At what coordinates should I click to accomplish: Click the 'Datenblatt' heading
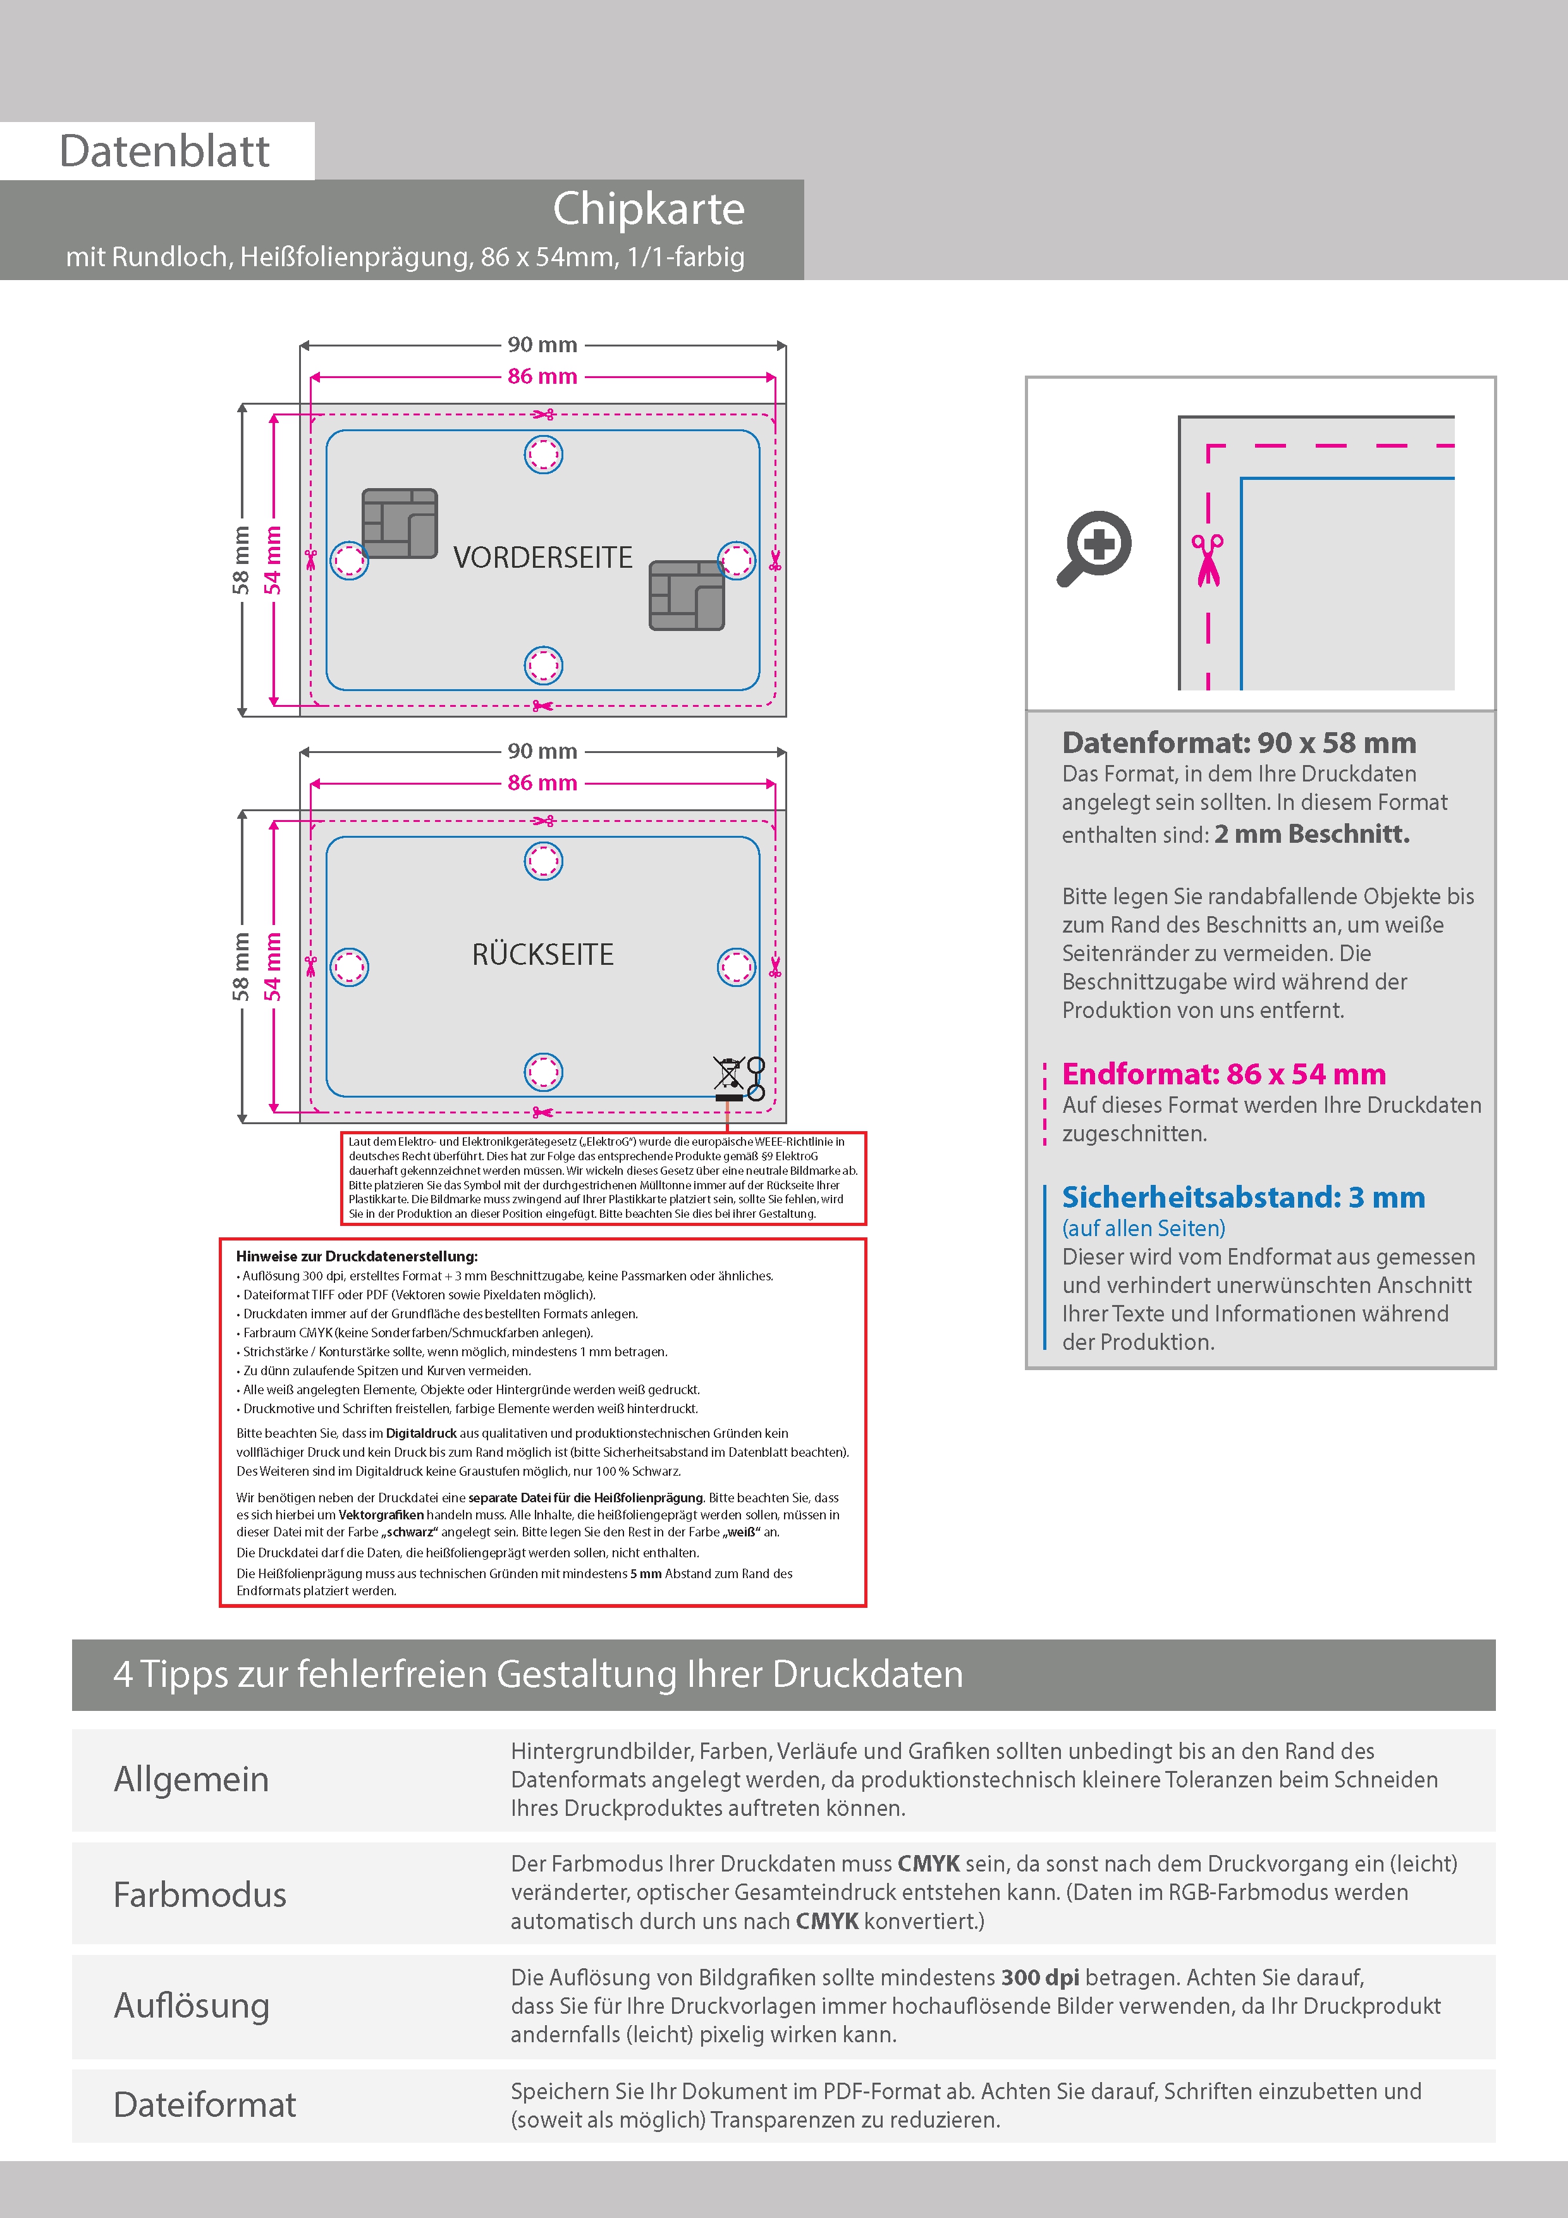[164, 152]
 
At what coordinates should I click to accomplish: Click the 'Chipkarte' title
[648, 209]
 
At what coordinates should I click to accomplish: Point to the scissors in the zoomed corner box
[1207, 560]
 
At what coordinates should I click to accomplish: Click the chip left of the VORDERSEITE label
[399, 523]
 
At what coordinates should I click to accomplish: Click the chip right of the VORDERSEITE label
[687, 595]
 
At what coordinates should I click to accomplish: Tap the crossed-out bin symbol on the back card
[728, 1076]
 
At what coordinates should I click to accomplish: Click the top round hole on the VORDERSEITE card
[543, 454]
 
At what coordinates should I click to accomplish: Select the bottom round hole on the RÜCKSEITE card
[543, 1071]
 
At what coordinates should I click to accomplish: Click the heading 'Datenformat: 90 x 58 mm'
[1239, 743]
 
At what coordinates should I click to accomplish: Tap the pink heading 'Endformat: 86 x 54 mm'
[1223, 1074]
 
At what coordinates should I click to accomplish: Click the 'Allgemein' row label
[192, 1779]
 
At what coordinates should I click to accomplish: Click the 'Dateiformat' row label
[205, 2105]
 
